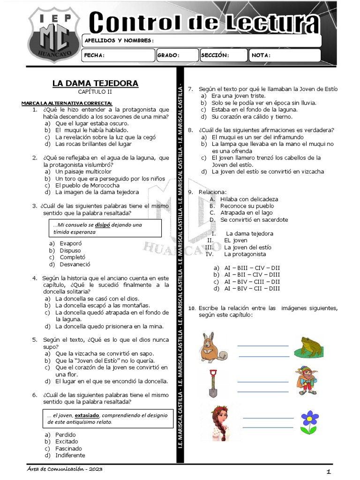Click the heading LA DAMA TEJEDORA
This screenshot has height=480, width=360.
[95, 83]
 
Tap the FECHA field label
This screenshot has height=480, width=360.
[94, 55]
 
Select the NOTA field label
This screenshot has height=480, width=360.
[261, 55]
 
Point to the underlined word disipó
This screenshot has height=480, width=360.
[103, 225]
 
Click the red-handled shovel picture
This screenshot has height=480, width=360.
[213, 382]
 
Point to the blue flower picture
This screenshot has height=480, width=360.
[309, 421]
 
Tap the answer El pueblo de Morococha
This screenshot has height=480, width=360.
[87, 185]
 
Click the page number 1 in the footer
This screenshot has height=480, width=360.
[329, 471]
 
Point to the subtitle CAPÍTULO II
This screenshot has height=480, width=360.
[95, 92]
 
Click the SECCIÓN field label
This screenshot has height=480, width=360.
[215, 55]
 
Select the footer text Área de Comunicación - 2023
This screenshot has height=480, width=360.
[65, 469]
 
